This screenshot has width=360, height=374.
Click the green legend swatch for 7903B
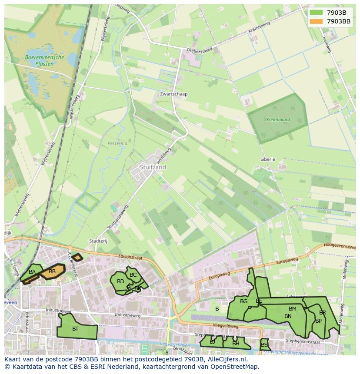pos(316,13)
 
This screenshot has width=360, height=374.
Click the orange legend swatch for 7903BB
pos(316,21)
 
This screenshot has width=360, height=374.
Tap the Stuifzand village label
pos(153,167)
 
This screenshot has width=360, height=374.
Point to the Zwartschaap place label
pos(173,94)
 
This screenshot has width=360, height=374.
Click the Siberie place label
pos(268,159)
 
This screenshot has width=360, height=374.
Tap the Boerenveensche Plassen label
pos(44,60)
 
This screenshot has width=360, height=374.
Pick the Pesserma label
pos(117,143)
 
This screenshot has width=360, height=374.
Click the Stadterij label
pos(98,241)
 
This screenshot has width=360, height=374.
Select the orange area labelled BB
pos(53,272)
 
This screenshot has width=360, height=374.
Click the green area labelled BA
pos(31,272)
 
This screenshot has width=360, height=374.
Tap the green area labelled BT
pos(76,329)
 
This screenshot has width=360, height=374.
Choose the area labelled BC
pos(133,275)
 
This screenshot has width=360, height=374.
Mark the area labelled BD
pos(120,282)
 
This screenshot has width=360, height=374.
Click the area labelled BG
pos(243,301)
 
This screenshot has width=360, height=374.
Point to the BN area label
pos(288,316)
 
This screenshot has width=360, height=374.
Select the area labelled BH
pos(236,343)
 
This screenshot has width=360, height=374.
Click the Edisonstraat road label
pos(130,257)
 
